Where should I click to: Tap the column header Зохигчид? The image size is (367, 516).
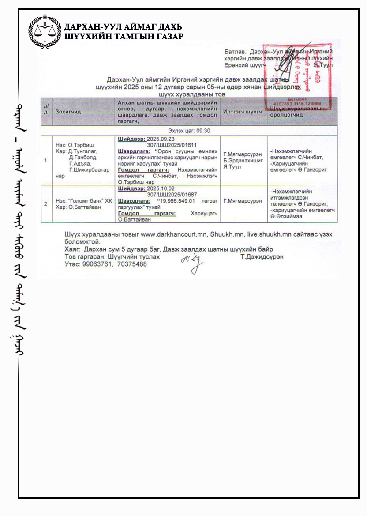click(69, 112)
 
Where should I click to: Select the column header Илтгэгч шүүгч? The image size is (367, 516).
click(243, 112)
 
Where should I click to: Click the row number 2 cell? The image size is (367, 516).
click(46, 203)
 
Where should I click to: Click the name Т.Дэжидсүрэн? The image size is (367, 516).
click(262, 257)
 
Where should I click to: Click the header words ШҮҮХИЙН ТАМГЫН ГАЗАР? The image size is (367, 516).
click(124, 36)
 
